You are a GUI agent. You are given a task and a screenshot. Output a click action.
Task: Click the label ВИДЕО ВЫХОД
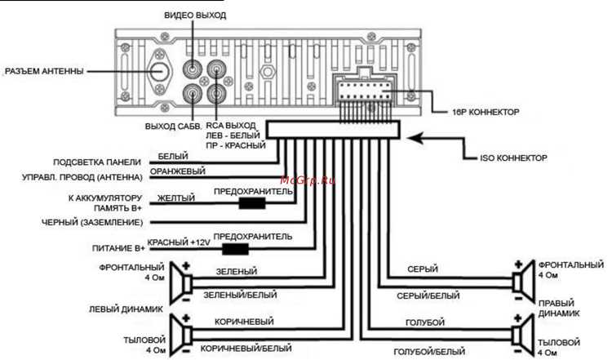click(195, 16)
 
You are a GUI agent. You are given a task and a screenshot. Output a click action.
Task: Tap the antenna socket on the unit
click(160, 72)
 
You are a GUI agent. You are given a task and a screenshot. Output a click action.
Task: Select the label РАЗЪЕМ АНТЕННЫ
click(44, 72)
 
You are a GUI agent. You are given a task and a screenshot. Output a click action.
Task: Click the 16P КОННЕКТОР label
click(486, 112)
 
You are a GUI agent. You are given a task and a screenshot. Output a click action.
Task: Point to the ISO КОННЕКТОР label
click(513, 158)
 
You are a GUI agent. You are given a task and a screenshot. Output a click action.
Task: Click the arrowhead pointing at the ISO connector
click(415, 138)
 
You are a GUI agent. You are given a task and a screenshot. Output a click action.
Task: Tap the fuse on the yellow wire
click(252, 203)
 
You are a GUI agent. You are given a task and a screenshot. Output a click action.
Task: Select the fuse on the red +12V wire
click(235, 249)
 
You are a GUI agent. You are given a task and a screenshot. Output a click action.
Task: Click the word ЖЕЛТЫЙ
click(176, 198)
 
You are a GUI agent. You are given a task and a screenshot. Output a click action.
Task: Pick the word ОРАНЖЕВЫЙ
click(178, 171)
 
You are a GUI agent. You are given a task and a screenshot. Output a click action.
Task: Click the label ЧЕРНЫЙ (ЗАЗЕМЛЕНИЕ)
click(92, 223)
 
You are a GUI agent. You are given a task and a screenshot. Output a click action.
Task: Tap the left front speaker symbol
click(181, 283)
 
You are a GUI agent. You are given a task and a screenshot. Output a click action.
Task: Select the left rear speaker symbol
click(181, 335)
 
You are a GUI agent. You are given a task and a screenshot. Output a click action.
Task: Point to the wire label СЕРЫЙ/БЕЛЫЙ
click(428, 296)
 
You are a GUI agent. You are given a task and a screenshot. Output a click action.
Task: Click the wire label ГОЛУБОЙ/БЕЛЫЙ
click(429, 352)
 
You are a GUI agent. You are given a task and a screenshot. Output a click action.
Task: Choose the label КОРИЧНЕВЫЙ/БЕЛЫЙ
click(246, 349)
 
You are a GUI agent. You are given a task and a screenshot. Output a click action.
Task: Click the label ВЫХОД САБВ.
click(173, 127)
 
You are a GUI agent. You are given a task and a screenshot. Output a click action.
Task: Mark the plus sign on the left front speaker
click(186, 266)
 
